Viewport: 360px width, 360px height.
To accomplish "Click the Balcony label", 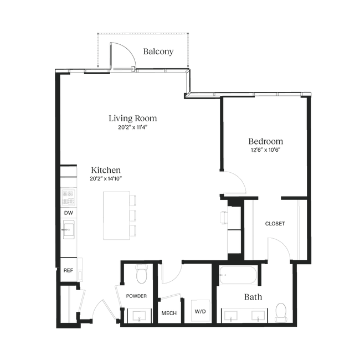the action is [158, 52].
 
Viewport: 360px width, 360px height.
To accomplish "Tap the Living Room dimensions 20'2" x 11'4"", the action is [132, 127].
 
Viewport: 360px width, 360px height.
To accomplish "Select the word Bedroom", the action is [266, 141].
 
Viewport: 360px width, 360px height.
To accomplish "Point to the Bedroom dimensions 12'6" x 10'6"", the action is [266, 150].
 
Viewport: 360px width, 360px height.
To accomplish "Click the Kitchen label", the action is [106, 170].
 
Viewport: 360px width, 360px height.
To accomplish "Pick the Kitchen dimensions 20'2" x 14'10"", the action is [106, 179].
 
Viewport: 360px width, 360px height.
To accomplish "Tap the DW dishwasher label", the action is [69, 213].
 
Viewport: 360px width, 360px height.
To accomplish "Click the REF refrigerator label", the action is [68, 270].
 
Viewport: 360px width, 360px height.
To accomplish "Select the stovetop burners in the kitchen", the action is [69, 197].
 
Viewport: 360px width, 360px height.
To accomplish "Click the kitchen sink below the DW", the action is [69, 229].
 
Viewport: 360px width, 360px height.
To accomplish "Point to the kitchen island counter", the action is [116, 215].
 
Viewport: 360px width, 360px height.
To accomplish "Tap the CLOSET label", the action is [275, 224].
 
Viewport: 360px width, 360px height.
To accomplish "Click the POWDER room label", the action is [136, 296].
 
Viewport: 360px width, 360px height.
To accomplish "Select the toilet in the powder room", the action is [141, 274].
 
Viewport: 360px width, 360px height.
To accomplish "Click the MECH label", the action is [169, 313].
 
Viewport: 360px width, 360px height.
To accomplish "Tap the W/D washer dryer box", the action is [200, 311].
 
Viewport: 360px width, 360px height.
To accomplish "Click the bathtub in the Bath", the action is [238, 275].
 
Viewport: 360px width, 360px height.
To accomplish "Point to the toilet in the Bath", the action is [281, 312].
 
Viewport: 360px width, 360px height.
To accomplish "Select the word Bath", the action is [253, 297].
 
